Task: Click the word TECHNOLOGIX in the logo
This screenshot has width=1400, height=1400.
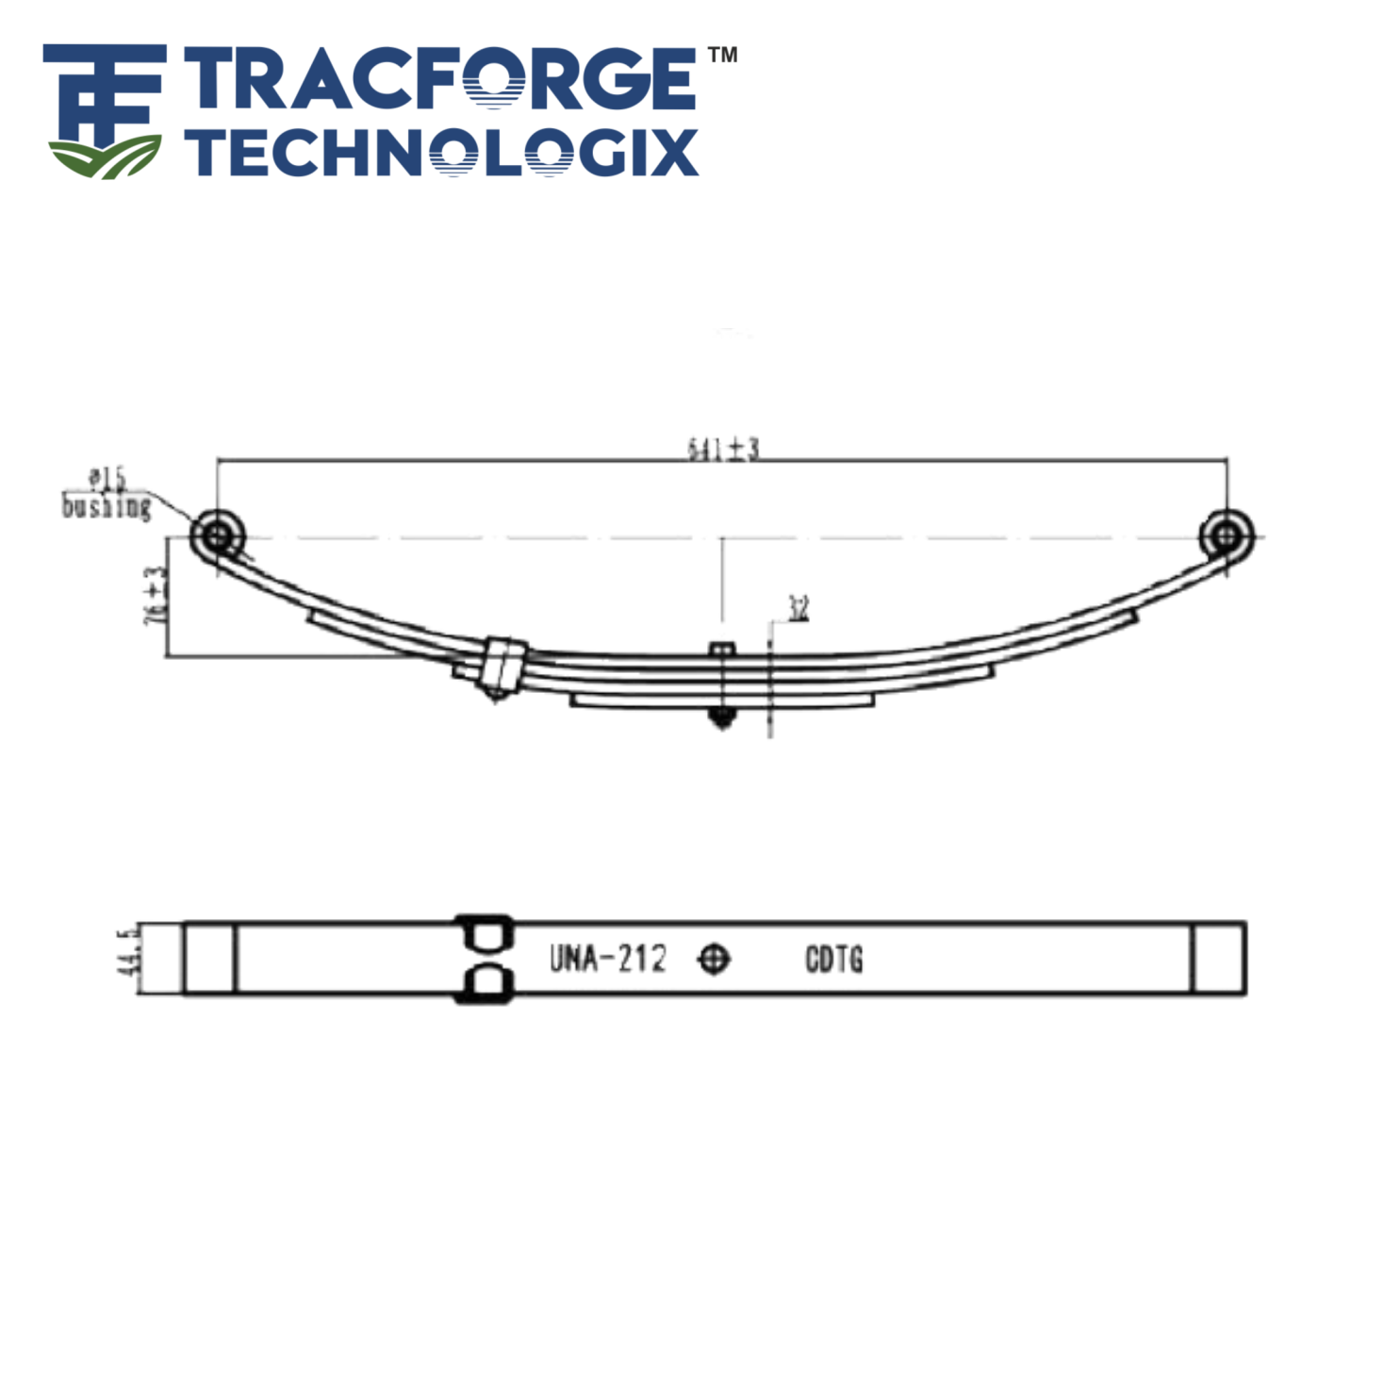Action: point(440,154)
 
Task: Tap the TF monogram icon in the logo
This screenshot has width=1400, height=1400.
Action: point(104,111)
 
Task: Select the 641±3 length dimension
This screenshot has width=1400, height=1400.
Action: point(722,449)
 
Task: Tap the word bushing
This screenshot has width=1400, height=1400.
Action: point(106,507)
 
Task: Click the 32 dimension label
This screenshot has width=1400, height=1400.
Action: point(798,608)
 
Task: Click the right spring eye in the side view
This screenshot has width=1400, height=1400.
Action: point(1226,536)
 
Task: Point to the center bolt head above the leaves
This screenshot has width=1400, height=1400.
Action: point(721,649)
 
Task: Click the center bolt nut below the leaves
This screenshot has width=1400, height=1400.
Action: point(721,719)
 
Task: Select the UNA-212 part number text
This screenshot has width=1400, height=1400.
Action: point(607,959)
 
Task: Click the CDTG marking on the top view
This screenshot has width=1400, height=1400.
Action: point(833,960)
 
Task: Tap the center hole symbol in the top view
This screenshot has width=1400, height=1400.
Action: point(714,959)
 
